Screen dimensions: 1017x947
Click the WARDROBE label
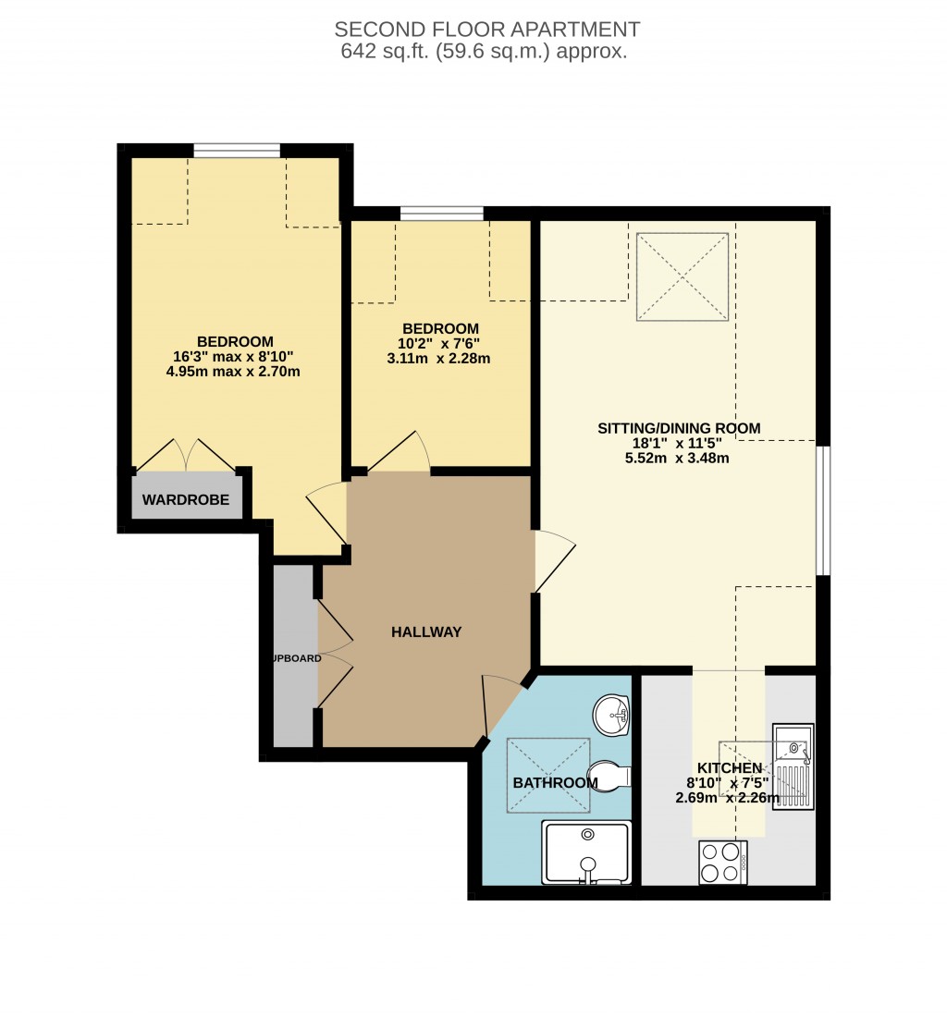click(185, 502)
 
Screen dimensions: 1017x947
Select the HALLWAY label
click(425, 632)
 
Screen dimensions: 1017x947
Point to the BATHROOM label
click(555, 783)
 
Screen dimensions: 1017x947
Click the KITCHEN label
click(729, 768)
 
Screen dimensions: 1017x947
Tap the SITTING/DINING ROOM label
click(678, 428)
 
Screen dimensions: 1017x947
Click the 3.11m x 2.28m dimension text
click(439, 358)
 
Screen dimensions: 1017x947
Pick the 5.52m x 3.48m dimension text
click(678, 457)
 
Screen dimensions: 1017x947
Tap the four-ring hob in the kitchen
click(723, 862)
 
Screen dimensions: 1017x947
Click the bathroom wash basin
click(611, 714)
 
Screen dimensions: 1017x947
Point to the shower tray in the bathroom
click(587, 852)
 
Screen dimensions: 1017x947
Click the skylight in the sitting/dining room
click(683, 277)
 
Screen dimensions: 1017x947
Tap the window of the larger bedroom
click(237, 151)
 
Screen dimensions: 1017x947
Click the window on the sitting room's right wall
click(822, 510)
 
